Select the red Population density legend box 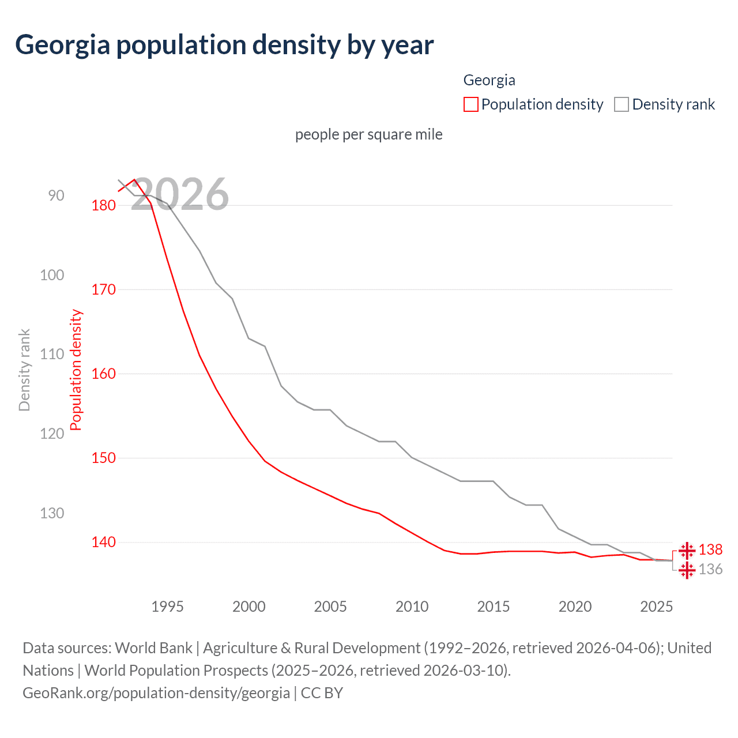470,104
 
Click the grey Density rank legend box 621,104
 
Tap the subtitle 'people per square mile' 368,134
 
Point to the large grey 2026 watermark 180,194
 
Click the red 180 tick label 104,205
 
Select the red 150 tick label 104,458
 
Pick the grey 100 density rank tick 52,275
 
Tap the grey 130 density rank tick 52,513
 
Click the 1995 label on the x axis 167,607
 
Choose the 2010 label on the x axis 412,607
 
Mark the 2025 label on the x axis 656,607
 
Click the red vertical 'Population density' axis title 76,370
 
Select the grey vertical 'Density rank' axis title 24,370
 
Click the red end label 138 710,550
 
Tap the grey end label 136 710,570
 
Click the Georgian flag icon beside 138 687,551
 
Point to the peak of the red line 134,179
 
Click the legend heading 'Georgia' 489,80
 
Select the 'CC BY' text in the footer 322,693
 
